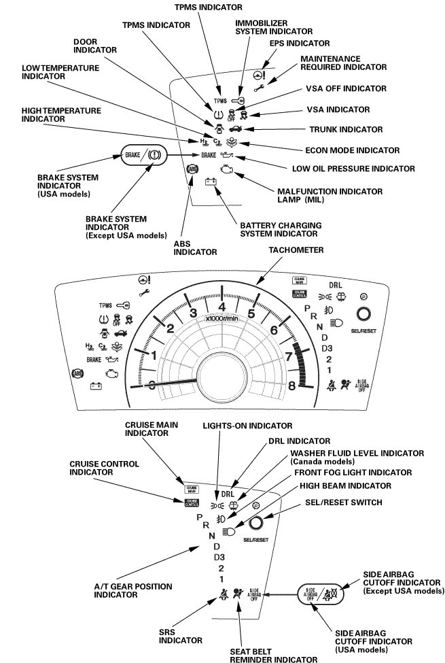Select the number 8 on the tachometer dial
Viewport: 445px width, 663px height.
coord(292,385)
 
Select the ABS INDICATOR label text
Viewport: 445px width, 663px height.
coord(195,247)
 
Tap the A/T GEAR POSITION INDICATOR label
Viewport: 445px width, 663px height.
coord(132,590)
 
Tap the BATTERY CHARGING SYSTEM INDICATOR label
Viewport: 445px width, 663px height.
coord(276,229)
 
